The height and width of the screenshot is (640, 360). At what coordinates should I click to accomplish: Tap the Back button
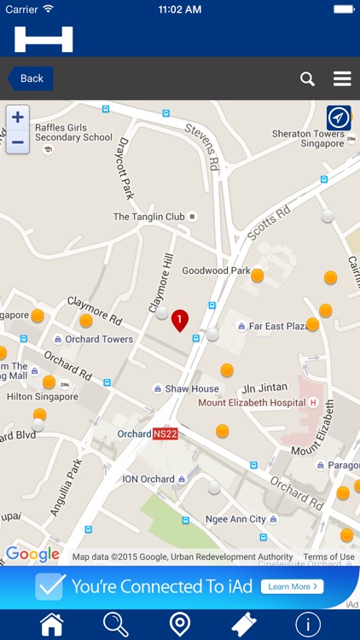(x=31, y=79)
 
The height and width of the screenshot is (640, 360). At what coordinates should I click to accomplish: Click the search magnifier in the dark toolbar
(x=308, y=79)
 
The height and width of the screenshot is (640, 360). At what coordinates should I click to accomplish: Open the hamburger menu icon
(x=342, y=79)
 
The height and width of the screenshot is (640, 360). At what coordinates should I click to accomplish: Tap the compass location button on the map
(x=339, y=118)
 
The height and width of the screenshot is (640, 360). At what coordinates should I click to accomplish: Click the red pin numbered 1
(x=179, y=320)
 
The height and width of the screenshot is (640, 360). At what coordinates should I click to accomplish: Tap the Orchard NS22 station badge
(x=165, y=433)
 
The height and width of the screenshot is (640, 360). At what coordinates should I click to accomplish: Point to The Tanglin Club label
(x=149, y=217)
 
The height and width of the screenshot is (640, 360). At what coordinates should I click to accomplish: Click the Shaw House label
(x=192, y=388)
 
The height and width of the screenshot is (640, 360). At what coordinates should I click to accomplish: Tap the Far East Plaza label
(x=277, y=326)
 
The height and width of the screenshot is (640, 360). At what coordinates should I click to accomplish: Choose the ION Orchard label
(x=148, y=479)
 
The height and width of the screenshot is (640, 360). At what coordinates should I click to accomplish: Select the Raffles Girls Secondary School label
(x=73, y=132)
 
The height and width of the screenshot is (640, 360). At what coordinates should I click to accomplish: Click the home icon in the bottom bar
(x=52, y=624)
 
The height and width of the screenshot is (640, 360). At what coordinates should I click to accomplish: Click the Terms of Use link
(x=328, y=557)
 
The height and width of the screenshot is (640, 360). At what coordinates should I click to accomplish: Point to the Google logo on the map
(x=33, y=555)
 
